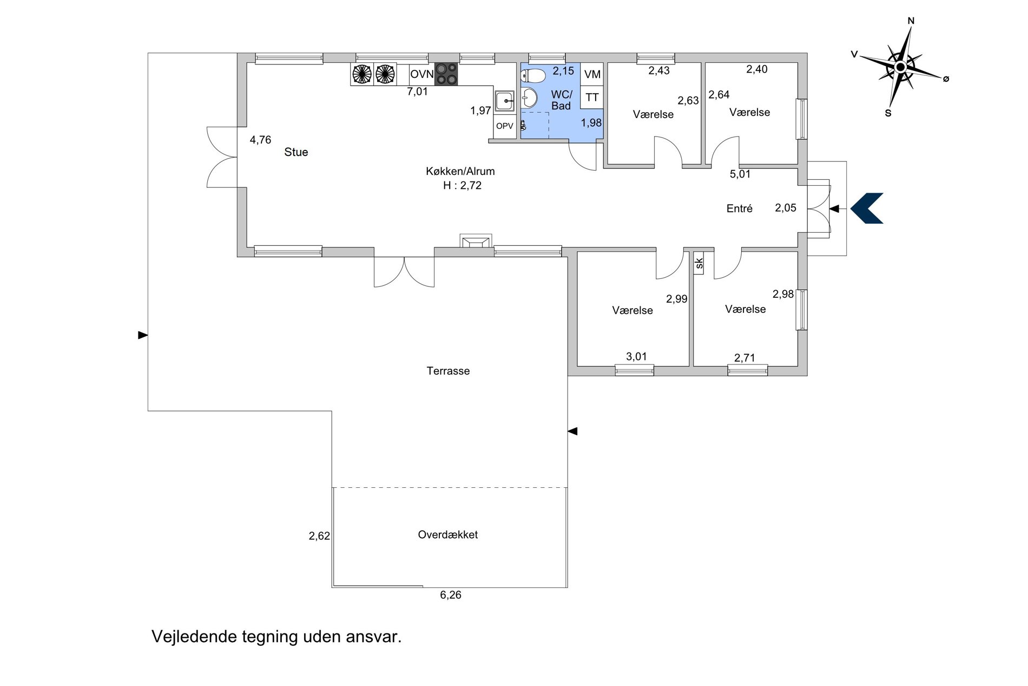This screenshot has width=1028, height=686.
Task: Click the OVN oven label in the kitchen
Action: (x=422, y=74)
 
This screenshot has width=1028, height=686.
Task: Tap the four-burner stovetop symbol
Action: (x=446, y=74)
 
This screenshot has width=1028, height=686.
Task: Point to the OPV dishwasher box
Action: (x=505, y=126)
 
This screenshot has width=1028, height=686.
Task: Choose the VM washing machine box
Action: (x=592, y=74)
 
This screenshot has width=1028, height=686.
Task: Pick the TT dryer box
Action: (x=592, y=97)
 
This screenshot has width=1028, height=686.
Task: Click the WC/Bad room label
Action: (x=561, y=100)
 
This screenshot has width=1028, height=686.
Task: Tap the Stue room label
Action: (x=296, y=152)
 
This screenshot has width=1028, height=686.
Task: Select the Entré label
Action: (x=740, y=208)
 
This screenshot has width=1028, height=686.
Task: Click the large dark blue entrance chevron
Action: (x=867, y=208)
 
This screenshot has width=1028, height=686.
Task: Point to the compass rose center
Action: (x=900, y=67)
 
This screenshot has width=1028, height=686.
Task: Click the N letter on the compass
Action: (x=911, y=21)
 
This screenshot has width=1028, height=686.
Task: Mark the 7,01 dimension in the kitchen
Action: (x=417, y=92)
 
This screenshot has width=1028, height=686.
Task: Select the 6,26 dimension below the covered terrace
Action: (x=451, y=595)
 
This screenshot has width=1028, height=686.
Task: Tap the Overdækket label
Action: (x=448, y=534)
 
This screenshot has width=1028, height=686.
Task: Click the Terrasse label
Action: (x=448, y=371)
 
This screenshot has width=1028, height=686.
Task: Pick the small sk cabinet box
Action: (x=698, y=264)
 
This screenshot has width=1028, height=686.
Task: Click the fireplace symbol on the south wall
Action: (x=476, y=241)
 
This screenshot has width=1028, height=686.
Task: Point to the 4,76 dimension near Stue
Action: (x=260, y=140)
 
